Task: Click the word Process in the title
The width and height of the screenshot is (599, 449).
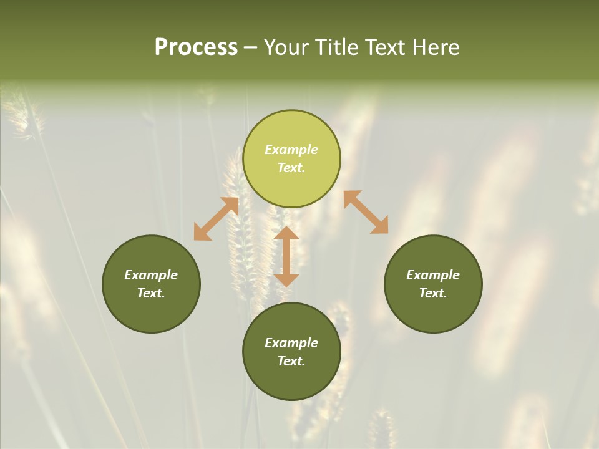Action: pyautogui.click(x=196, y=47)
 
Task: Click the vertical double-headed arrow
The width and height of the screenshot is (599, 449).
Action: pyautogui.click(x=286, y=256)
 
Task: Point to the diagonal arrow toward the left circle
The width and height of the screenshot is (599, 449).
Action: pyautogui.click(x=216, y=219)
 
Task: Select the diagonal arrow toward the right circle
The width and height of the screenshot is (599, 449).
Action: pyautogui.click(x=366, y=212)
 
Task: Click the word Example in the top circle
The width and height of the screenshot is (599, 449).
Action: pyautogui.click(x=291, y=150)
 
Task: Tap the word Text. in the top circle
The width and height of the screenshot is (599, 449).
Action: pyautogui.click(x=291, y=168)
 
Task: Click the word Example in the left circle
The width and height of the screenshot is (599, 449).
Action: pyautogui.click(x=151, y=275)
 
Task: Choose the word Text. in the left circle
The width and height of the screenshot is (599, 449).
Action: pyautogui.click(x=151, y=293)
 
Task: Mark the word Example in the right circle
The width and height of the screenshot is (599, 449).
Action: pyautogui.click(x=433, y=275)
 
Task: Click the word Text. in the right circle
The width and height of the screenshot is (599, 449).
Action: pyautogui.click(x=433, y=293)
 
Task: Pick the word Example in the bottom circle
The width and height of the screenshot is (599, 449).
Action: pyautogui.click(x=291, y=343)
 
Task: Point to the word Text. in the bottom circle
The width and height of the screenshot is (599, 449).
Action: pyautogui.click(x=291, y=361)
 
